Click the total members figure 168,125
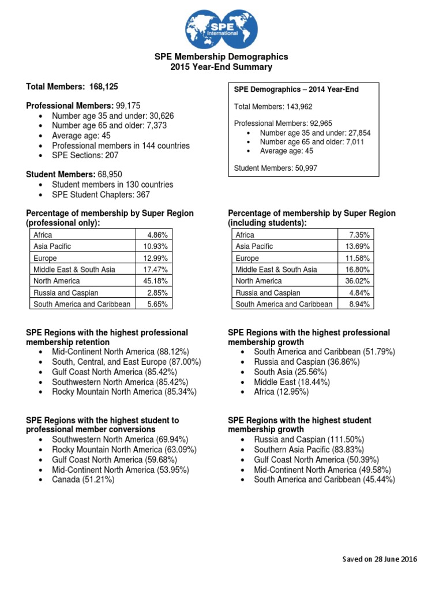(x=103, y=87)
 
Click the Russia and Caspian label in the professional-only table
(x=66, y=293)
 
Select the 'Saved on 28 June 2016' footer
(x=379, y=559)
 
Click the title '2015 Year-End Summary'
(x=221, y=67)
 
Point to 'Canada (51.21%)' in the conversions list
(x=83, y=479)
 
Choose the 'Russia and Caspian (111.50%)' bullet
(x=309, y=440)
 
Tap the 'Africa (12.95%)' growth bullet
(x=281, y=392)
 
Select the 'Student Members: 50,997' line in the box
(x=275, y=168)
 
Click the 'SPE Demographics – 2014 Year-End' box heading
(x=292, y=89)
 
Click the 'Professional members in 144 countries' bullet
(x=121, y=146)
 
